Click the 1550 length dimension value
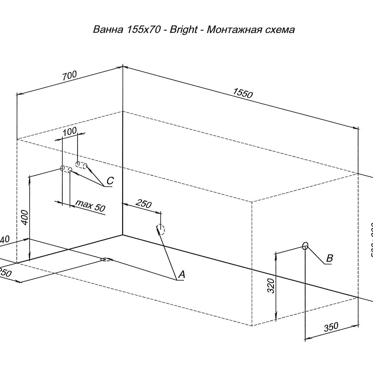(x=243, y=93)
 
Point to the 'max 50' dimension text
(x=90, y=206)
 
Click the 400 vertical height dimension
(x=25, y=217)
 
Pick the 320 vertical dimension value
(x=271, y=286)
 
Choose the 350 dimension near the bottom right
(x=331, y=327)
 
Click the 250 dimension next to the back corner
(x=144, y=204)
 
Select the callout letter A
(x=182, y=275)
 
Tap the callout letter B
(x=330, y=258)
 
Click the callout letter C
(x=110, y=181)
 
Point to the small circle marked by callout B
(x=305, y=246)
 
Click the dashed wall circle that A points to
(x=161, y=229)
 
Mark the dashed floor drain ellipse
(x=106, y=260)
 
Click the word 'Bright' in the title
(x=183, y=29)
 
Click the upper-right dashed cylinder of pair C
(x=81, y=165)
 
